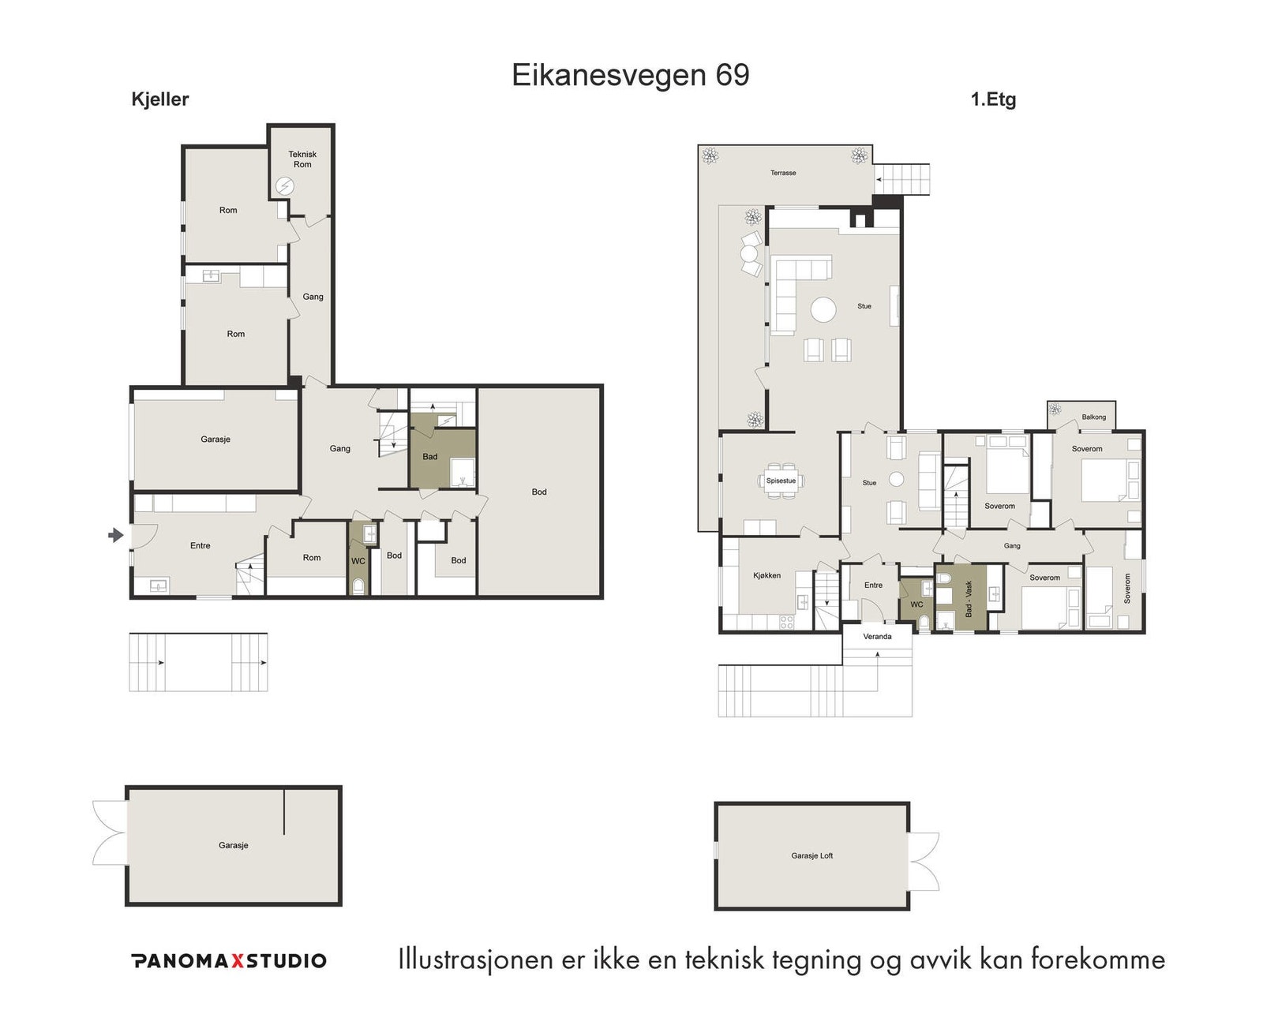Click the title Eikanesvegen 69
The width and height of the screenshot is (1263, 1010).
630,75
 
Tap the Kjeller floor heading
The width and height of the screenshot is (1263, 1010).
160,99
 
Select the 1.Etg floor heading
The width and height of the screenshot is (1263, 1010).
993,99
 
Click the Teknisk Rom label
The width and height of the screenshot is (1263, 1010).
302,159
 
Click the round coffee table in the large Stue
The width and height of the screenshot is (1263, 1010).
824,309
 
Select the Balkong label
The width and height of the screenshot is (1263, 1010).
1093,417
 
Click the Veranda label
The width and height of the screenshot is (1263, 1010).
877,636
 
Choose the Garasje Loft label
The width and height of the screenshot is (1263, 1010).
811,855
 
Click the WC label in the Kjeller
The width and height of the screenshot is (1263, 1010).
358,561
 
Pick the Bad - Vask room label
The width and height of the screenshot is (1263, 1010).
969,599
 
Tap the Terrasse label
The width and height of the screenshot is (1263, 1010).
783,173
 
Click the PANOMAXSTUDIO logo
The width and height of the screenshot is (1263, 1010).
229,960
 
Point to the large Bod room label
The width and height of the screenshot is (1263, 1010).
539,492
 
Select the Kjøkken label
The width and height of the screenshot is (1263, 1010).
766,575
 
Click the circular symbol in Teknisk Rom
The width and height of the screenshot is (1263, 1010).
284,186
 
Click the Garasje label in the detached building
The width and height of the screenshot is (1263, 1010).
233,845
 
